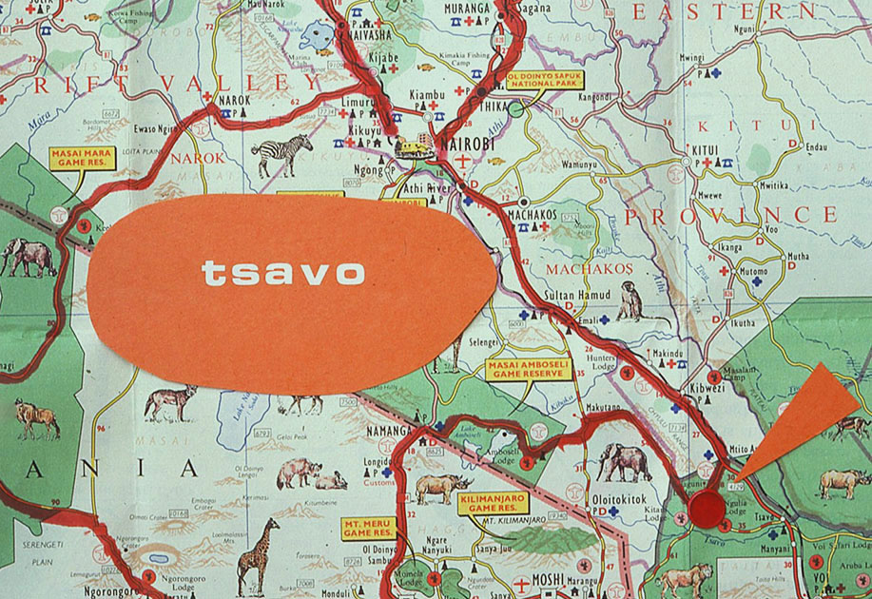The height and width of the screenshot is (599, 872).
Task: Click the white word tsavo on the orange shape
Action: pyautogui.click(x=283, y=273)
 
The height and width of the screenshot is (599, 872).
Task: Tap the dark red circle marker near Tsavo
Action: pyautogui.click(x=707, y=510)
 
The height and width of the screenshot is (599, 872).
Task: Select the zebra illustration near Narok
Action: pyautogui.click(x=283, y=153)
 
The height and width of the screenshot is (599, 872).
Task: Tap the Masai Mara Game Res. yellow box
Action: pyautogui.click(x=83, y=158)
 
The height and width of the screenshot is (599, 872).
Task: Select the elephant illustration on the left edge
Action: pyautogui.click(x=29, y=256)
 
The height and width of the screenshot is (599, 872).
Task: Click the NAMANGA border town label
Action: pyautogui.click(x=389, y=431)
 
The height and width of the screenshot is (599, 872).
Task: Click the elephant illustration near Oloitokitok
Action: pyautogui.click(x=624, y=462)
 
